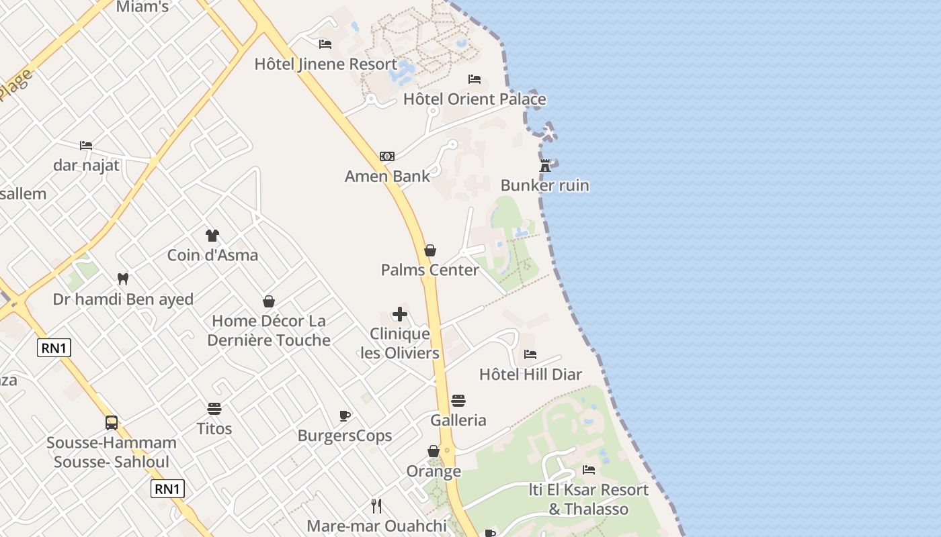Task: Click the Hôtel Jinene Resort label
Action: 325,64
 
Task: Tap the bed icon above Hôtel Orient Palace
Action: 475,79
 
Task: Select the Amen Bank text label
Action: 387,177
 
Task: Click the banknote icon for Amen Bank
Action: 387,156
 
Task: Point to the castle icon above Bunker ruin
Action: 545,165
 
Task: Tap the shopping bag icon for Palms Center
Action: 430,250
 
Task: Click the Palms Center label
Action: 430,270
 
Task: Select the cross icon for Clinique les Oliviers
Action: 400,314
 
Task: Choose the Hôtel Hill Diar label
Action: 530,375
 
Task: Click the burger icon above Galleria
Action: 458,401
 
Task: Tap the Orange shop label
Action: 434,471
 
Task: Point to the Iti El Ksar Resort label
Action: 589,499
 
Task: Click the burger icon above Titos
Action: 214,409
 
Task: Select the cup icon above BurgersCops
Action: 345,416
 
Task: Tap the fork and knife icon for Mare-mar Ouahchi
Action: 376,506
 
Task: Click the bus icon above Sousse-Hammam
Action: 112,423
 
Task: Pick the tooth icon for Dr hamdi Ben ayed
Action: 123,279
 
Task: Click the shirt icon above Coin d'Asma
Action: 212,236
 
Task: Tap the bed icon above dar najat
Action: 86,145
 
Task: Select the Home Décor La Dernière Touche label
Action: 269,330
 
